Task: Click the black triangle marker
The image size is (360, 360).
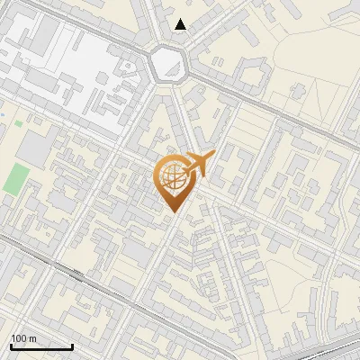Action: coord(181,24)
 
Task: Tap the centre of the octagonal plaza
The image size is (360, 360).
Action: coord(168,64)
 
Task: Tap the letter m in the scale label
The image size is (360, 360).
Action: coord(33,337)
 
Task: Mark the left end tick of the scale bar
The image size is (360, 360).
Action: coord(10,346)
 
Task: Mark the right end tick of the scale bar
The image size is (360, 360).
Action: coord(72,346)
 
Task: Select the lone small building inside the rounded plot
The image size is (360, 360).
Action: coord(298,89)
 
